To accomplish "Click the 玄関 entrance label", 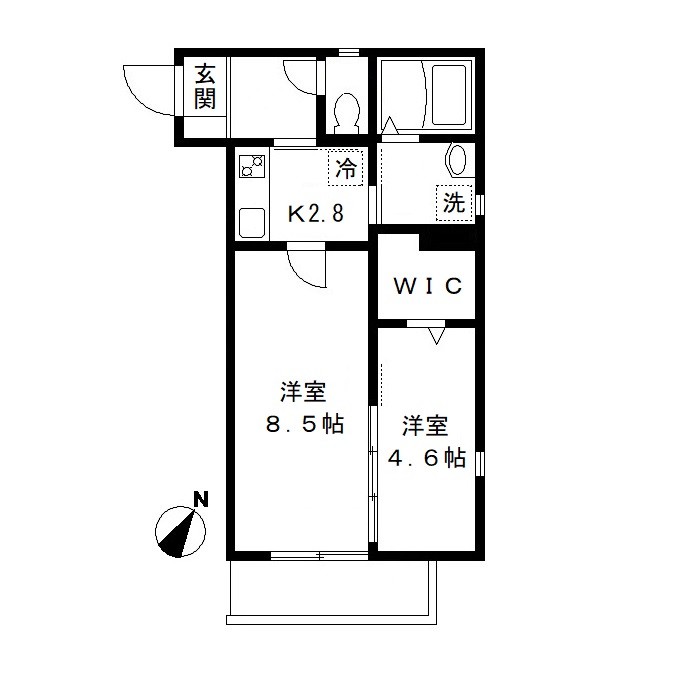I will [205, 86].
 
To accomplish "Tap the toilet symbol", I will [348, 112].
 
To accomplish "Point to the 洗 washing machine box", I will [454, 203].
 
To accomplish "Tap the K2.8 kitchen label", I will [316, 213].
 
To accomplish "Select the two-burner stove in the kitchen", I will [250, 166].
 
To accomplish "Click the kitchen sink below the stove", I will [250, 222].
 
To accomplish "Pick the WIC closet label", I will [427, 287].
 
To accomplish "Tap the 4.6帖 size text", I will [426, 458].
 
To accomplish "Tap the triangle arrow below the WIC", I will [435, 338].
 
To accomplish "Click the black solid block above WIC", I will [447, 240].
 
